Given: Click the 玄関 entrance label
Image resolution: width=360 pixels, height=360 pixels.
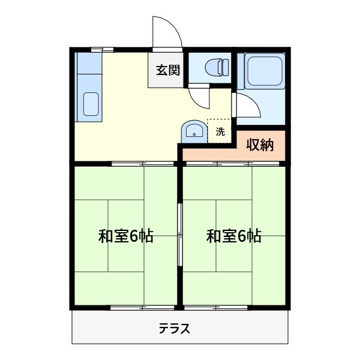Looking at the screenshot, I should tap(169, 70).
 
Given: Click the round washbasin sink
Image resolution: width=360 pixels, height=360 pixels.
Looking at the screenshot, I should tap(193, 131).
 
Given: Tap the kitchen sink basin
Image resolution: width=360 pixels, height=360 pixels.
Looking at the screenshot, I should tap(91, 104).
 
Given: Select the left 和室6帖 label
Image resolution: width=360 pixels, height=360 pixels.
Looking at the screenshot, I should tap(126, 236).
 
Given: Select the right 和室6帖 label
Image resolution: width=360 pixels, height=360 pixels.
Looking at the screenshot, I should tap(234, 236).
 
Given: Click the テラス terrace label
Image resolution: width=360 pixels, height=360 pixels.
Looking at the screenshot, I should tap(175, 328).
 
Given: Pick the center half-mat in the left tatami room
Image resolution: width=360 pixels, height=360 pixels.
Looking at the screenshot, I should tap(126, 235).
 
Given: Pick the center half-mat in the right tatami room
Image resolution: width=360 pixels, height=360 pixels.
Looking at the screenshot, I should tap(234, 235).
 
